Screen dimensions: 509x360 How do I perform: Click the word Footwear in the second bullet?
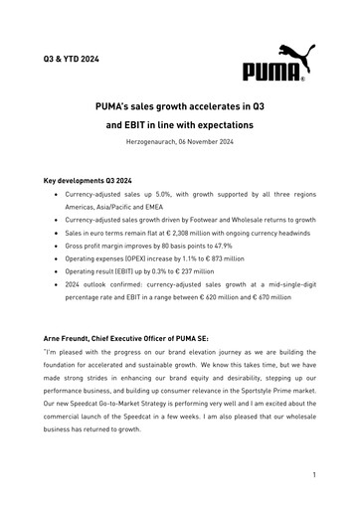tap(221, 214)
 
